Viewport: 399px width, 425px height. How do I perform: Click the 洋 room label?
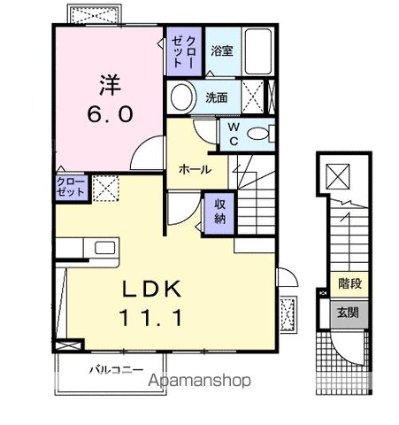tap(110, 86)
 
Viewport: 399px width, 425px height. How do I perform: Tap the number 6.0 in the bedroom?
tap(110, 115)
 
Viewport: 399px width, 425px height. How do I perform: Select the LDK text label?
tap(147, 289)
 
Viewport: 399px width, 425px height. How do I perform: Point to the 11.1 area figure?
tap(147, 316)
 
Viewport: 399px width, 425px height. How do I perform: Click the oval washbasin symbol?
tap(182, 96)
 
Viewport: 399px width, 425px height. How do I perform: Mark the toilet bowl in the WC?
tap(257, 134)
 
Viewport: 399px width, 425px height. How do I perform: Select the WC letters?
tap(233, 133)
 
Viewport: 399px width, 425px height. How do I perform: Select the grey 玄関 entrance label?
tap(349, 312)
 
